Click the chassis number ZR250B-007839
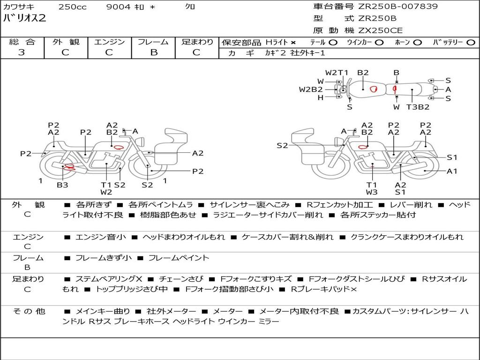pos(397,7)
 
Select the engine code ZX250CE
pos(380,30)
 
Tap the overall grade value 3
pos(22,52)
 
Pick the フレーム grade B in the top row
pos(154,52)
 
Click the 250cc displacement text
pos(73,7)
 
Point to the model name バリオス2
pos(24,18)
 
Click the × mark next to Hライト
pos(293,43)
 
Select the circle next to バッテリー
pos(471,43)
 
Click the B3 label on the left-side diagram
pos(62,185)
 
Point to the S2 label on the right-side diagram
pos(282,146)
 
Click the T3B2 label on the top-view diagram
pos(418,107)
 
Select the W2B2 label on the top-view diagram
pos(311,90)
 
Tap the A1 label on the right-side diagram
pos(452,171)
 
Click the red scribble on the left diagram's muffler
pos(70,167)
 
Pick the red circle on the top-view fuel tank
pos(373,89)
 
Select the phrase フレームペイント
pos(179,258)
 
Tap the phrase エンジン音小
pos(100,237)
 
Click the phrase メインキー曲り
pos(103,311)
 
